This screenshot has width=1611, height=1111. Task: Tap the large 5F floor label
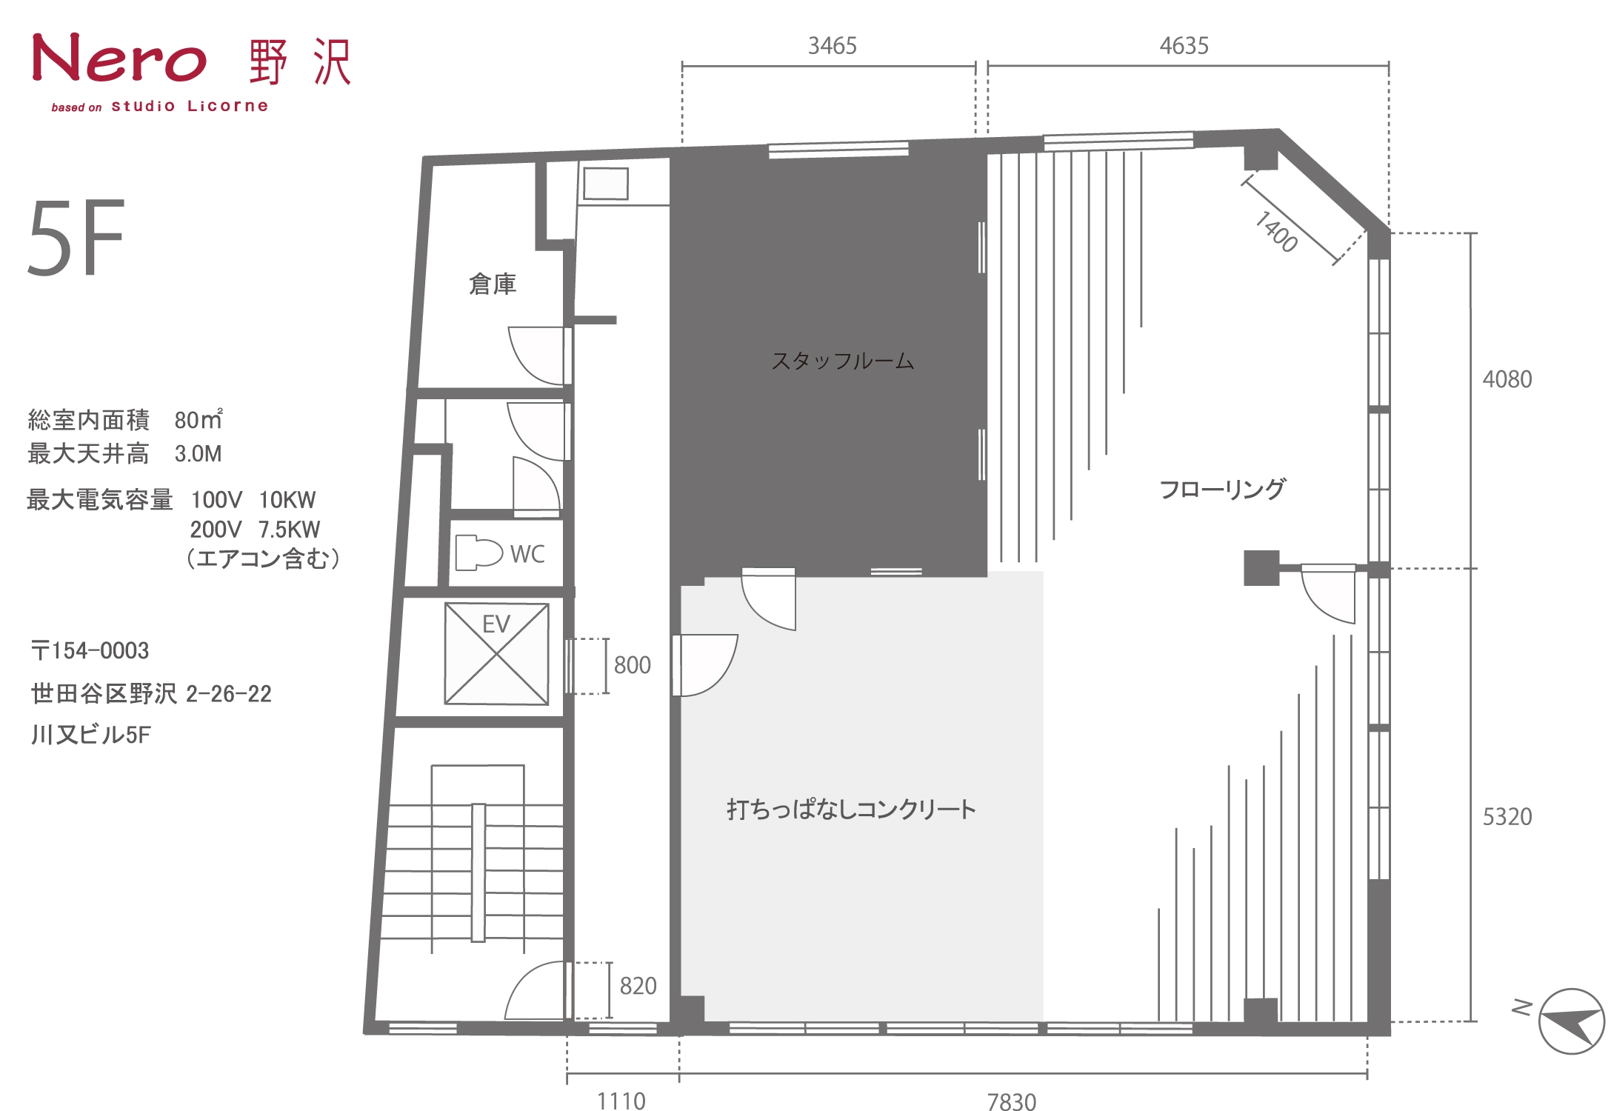(x=76, y=238)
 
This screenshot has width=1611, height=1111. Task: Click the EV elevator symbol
(x=496, y=653)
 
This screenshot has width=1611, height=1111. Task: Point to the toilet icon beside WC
(x=478, y=553)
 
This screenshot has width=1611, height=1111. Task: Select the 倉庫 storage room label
(x=493, y=284)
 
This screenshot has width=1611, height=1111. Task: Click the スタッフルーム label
(x=843, y=361)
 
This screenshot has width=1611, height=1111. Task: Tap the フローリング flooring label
(x=1223, y=489)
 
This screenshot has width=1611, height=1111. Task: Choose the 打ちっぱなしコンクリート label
(x=851, y=809)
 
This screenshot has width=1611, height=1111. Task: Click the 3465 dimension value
(x=833, y=46)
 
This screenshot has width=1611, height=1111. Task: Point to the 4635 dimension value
(x=1184, y=46)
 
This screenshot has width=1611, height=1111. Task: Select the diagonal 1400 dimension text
(x=1275, y=232)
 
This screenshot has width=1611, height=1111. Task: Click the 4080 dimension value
(x=1507, y=379)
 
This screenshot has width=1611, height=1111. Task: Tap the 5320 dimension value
(x=1507, y=817)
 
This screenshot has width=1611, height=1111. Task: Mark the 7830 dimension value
(x=1012, y=1101)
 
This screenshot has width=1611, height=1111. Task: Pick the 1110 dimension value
(x=621, y=1101)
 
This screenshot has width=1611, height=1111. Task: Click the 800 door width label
(x=633, y=665)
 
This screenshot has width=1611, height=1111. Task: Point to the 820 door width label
(x=638, y=986)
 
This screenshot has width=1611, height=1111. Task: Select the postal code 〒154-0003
(x=90, y=651)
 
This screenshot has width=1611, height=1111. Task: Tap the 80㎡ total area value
(x=199, y=419)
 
